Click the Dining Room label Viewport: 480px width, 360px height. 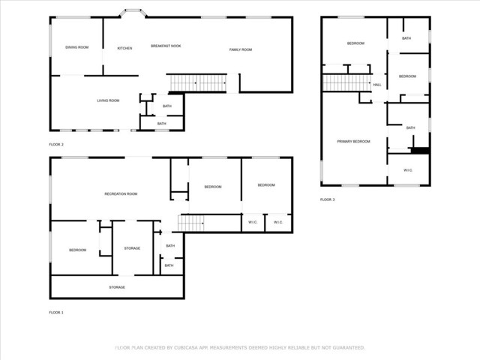76,47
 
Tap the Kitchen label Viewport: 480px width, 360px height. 124,48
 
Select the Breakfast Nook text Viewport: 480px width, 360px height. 166,46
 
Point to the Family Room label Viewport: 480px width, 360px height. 240,49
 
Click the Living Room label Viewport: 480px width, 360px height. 108,100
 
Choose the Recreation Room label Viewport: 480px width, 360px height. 121,194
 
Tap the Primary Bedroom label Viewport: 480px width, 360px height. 353,141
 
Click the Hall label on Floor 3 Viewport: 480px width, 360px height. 376,84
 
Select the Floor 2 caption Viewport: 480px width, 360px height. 56,144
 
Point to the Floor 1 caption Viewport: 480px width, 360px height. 56,312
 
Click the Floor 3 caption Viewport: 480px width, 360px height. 328,199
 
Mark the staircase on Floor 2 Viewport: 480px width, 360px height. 196,82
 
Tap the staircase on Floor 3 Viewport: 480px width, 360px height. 346,82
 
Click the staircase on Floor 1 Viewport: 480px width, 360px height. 191,223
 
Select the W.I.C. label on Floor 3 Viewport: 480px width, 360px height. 408,170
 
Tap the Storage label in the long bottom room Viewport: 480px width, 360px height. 116,287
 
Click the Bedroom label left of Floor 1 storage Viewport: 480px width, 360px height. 77,250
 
